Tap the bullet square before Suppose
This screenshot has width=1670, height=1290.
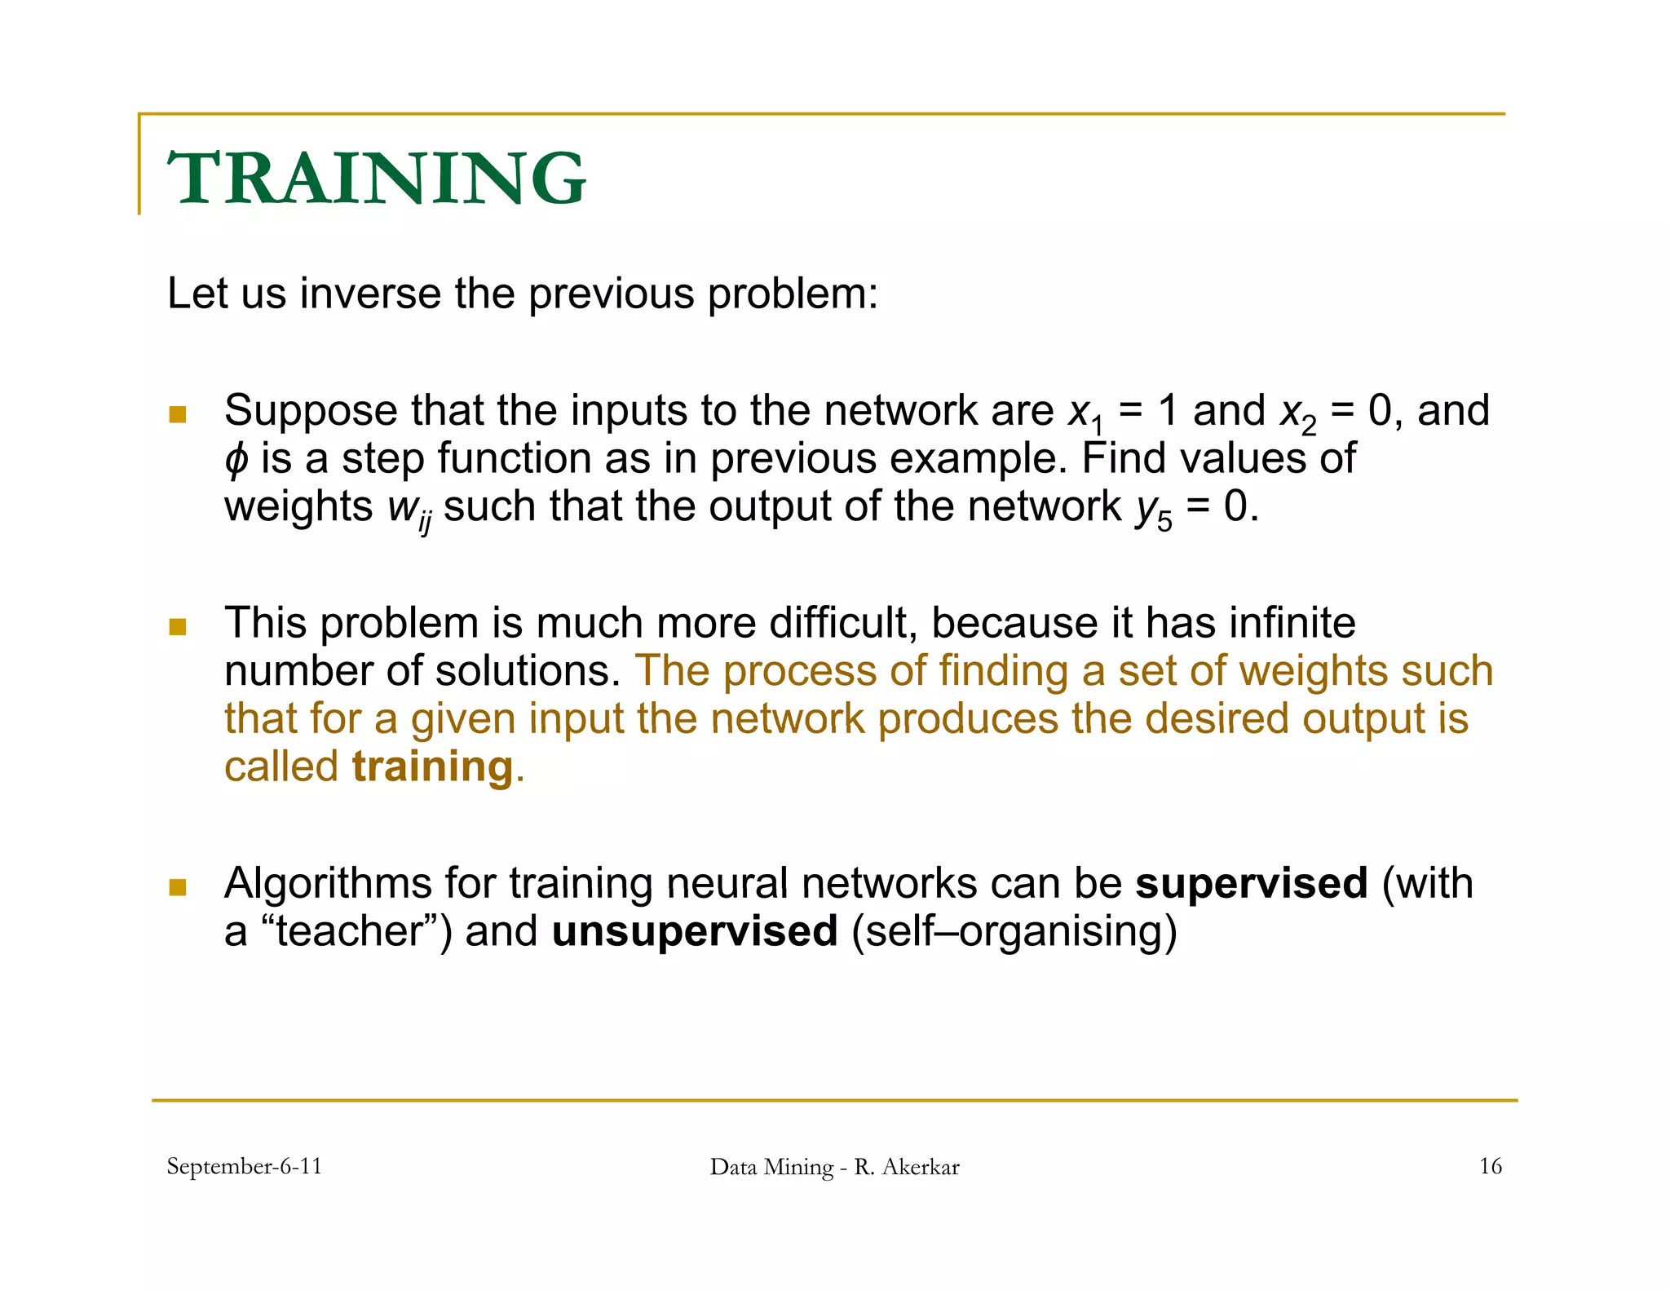178,414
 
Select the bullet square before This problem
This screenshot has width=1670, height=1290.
178,626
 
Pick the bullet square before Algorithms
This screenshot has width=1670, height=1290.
178,886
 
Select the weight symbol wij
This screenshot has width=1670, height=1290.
409,510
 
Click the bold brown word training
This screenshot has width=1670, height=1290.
432,766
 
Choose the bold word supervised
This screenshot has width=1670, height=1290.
1251,883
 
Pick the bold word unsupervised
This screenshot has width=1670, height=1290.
695,931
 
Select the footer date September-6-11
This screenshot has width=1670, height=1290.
245,1166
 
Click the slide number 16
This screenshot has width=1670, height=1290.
1490,1166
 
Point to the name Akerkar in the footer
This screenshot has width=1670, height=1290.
921,1167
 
